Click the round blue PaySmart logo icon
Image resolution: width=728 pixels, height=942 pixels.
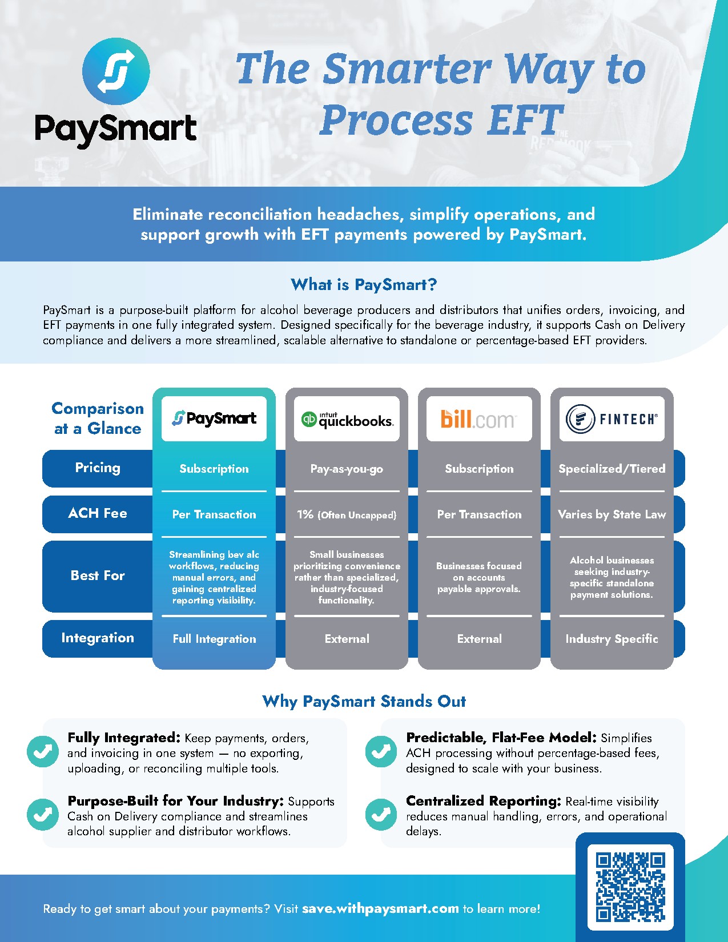(116, 71)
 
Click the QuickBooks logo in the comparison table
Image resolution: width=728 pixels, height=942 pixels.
(347, 419)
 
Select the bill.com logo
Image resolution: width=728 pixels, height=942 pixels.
(478, 419)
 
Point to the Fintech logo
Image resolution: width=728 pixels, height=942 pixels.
(612, 419)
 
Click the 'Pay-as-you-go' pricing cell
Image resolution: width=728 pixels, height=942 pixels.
(347, 469)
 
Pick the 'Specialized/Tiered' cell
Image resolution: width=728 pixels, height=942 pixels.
(612, 469)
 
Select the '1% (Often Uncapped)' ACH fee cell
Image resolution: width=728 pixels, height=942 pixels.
(347, 514)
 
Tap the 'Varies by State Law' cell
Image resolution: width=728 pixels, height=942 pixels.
(612, 514)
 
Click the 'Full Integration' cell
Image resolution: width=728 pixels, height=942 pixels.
(214, 638)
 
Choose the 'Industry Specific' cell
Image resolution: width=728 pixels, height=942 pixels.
(612, 638)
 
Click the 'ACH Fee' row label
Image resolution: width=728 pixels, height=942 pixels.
(98, 513)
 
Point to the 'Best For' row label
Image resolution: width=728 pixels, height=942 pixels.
(98, 575)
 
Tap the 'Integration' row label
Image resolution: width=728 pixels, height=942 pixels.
(98, 638)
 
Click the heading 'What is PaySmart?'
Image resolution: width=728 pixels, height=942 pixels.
(364, 285)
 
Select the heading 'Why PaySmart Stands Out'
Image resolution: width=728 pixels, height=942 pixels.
(364, 702)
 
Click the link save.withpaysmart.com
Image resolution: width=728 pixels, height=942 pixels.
(380, 909)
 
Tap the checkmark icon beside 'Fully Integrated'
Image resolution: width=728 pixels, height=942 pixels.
(42, 751)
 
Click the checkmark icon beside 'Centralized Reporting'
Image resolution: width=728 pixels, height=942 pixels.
(381, 815)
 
